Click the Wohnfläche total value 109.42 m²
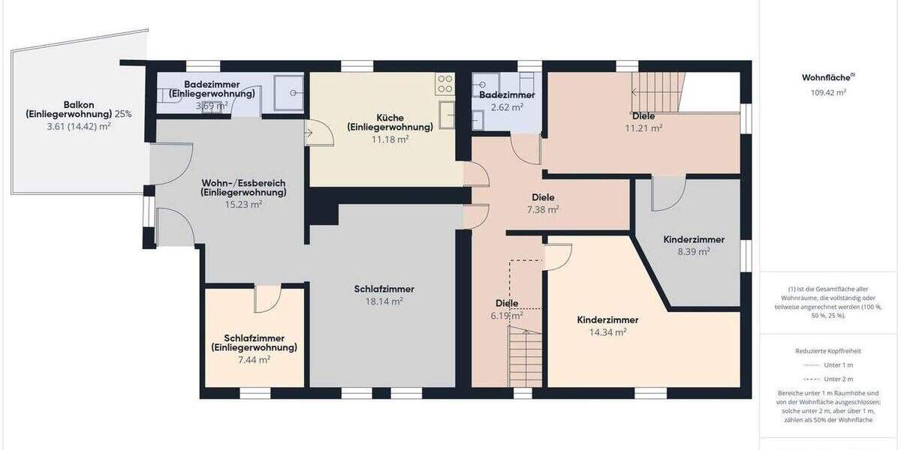pyautogui.click(x=828, y=93)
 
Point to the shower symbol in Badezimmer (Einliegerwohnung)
pyautogui.click(x=288, y=93)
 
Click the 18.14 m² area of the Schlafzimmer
pyautogui.click(x=384, y=301)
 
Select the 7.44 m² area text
pyautogui.click(x=254, y=359)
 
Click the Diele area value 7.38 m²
pyautogui.click(x=543, y=209)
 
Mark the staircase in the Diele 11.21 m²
pyautogui.click(x=658, y=91)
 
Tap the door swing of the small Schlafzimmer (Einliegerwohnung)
pyautogui.click(x=267, y=300)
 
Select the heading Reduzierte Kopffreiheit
pyautogui.click(x=828, y=351)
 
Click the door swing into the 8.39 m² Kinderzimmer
pyautogui.click(x=667, y=194)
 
